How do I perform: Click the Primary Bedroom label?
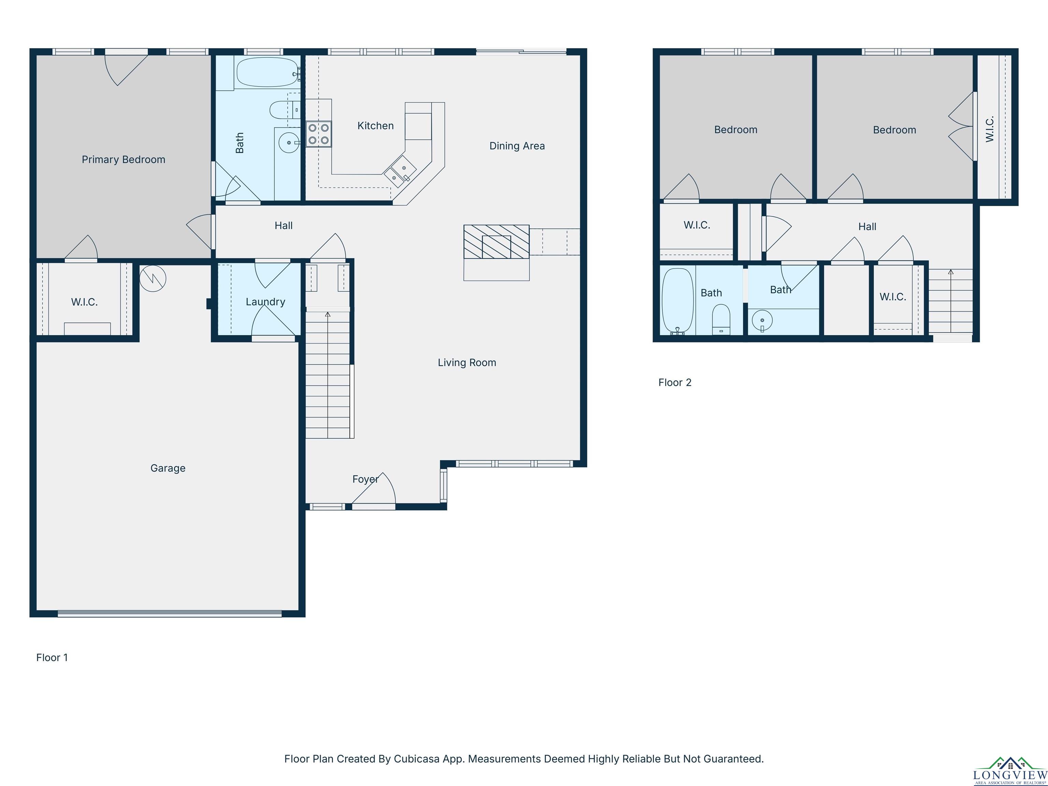point(123,160)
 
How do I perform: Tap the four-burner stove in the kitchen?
point(318,134)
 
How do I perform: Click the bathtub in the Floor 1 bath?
point(267,72)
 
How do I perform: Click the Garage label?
point(168,468)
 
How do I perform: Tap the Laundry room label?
point(265,302)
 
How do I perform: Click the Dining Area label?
point(517,146)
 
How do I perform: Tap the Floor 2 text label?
point(675,382)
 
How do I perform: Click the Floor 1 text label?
point(52,658)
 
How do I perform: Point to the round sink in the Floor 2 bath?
point(762,321)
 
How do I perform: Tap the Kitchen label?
point(375,126)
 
